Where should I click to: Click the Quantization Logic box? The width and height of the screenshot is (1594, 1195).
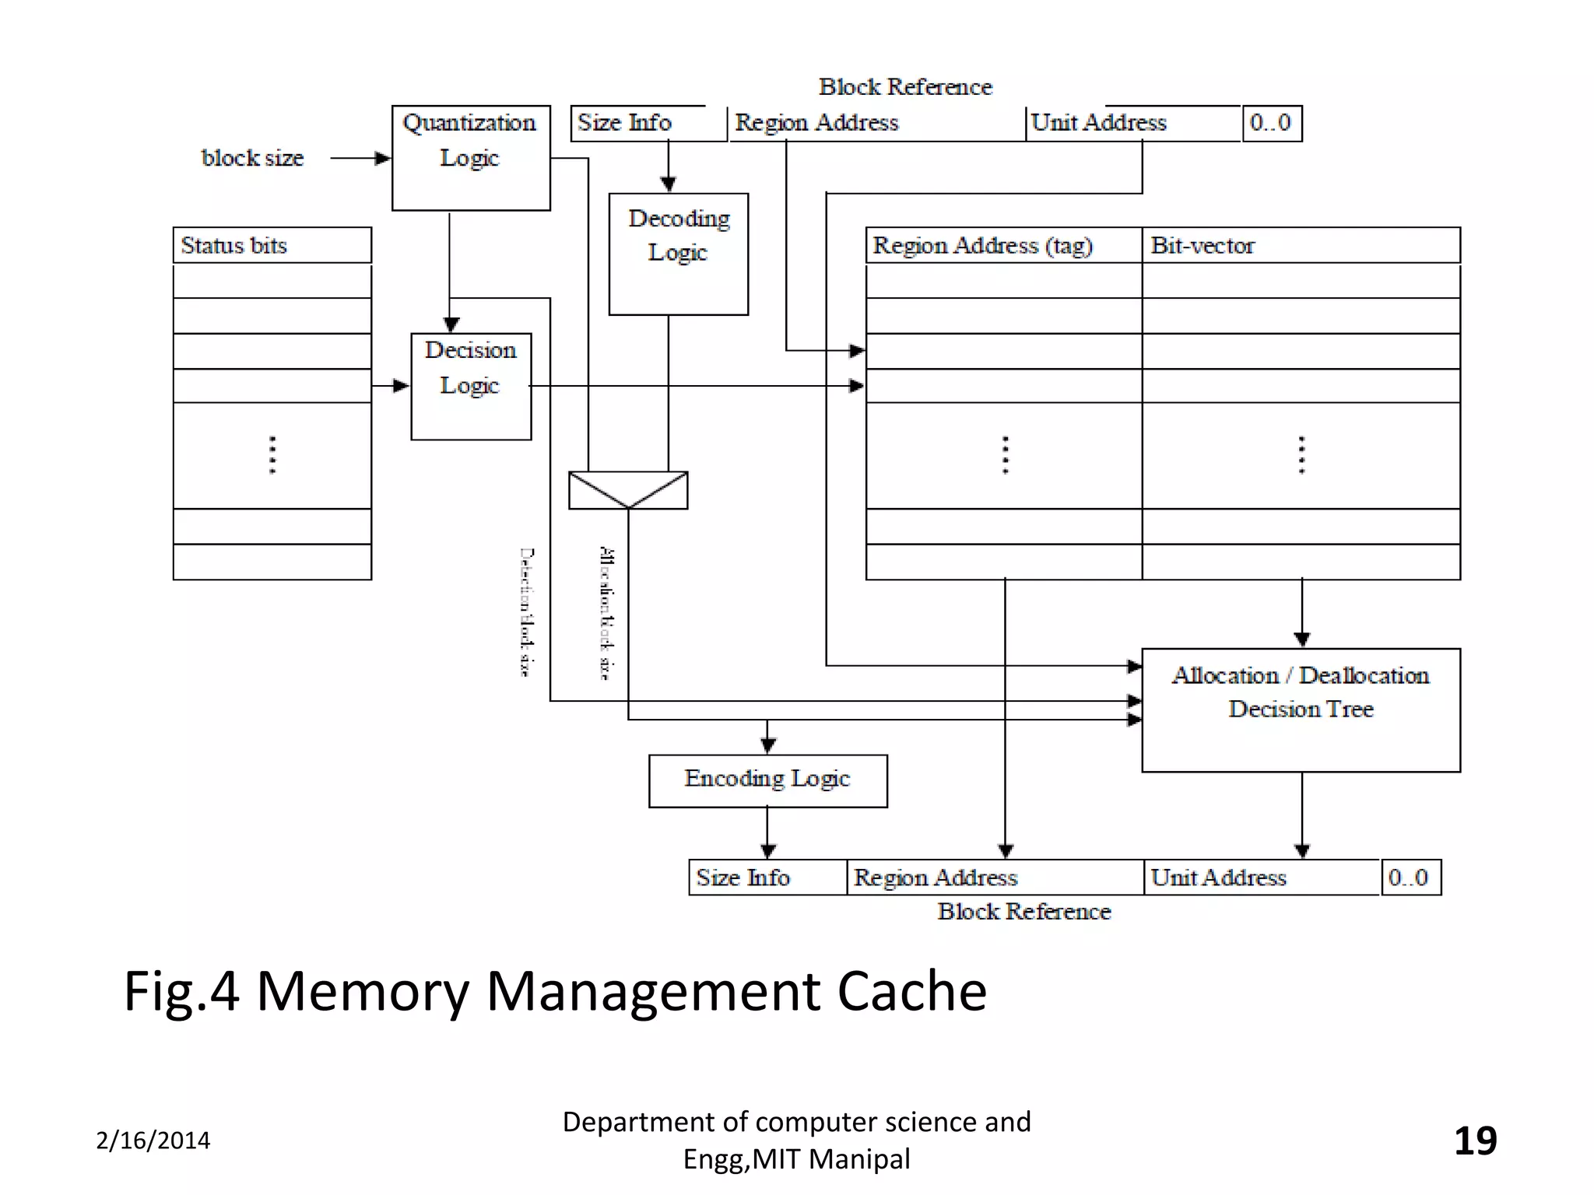(x=471, y=157)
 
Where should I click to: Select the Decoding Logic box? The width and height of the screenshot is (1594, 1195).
(x=678, y=254)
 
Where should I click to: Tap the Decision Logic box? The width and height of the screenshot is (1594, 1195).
(x=471, y=386)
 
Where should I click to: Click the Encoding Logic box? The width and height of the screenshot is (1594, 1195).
(x=767, y=780)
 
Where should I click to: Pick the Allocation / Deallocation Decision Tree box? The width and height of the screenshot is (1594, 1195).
(x=1301, y=710)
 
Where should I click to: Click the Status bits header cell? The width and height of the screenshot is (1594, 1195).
(x=272, y=245)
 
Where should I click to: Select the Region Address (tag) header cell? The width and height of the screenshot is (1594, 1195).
(x=1003, y=245)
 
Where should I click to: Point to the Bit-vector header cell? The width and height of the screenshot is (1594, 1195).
(x=1301, y=245)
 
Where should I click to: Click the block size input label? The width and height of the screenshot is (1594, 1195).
(x=252, y=158)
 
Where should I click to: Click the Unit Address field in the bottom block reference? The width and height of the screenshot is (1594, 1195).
(x=1261, y=878)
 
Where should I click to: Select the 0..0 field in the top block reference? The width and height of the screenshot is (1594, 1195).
(x=1272, y=123)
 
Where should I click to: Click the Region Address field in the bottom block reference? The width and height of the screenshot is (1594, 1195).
(x=995, y=878)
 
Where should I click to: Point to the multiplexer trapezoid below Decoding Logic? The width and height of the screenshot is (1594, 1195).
(x=628, y=489)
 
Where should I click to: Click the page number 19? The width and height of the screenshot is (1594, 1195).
(x=1475, y=1141)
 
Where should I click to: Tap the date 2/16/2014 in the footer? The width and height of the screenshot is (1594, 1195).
(x=153, y=1141)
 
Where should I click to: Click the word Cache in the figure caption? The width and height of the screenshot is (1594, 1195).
(x=911, y=991)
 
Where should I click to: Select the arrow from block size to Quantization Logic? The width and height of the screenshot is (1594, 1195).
(x=360, y=159)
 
